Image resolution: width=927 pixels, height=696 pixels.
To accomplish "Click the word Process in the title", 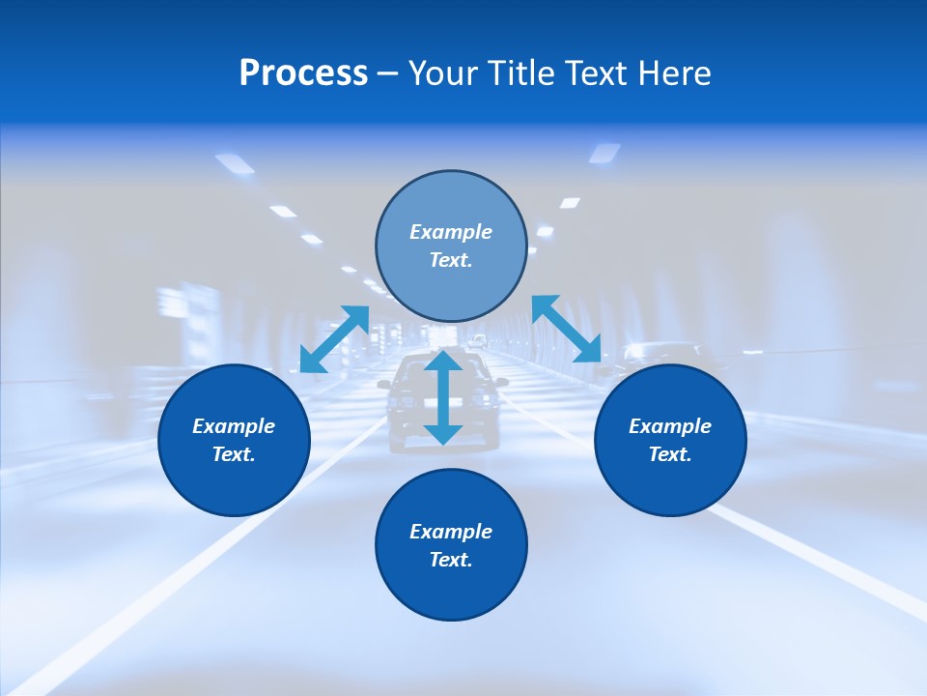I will [303, 73].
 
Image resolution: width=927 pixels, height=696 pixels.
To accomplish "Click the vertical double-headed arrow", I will [443, 397].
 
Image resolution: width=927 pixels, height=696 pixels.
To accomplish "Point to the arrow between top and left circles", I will [335, 338].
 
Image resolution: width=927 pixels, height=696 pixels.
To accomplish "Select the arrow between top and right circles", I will [567, 328].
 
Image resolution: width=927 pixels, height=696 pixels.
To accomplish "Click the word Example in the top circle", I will [451, 232].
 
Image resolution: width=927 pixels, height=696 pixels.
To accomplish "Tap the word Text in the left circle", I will [234, 454].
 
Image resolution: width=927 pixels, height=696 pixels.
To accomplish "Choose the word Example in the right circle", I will [670, 426].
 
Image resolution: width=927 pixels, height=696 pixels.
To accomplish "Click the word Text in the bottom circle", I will [451, 560].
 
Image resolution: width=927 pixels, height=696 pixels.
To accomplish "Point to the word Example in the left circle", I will [234, 426].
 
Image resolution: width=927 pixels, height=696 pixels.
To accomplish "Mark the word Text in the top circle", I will [451, 260].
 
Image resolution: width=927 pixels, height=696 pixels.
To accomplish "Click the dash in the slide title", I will [388, 73].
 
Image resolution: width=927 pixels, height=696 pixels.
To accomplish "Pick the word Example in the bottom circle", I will [451, 532].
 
